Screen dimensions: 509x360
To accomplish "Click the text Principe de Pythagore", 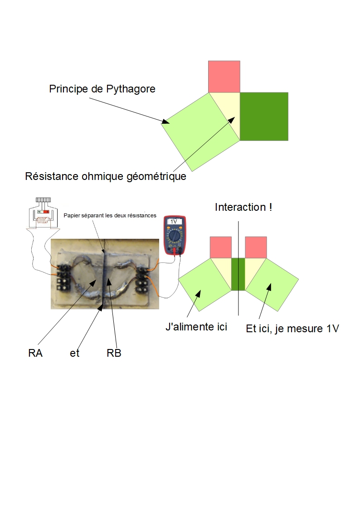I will (x=102, y=89).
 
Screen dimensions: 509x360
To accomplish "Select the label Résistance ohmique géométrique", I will (x=106, y=176).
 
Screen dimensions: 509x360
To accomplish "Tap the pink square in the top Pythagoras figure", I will (x=224, y=76).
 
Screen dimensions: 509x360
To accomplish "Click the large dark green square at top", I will (x=264, y=116).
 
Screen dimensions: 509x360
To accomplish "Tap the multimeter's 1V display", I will (x=174, y=222).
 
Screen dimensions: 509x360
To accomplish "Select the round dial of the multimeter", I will (x=174, y=237).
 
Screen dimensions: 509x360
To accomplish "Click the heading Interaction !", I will (x=243, y=207).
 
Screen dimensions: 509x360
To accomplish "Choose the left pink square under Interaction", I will (x=220, y=247).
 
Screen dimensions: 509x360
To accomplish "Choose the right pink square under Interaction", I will (x=256, y=247).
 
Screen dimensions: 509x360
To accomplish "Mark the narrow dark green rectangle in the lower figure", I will (x=238, y=274).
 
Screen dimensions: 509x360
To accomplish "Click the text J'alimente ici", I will (x=196, y=327).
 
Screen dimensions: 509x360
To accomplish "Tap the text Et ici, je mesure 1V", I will (x=292, y=329).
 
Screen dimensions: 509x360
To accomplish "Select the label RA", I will (x=35, y=354).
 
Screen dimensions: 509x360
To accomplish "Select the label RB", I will (x=114, y=354).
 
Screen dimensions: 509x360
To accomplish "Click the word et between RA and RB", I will (x=75, y=354).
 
